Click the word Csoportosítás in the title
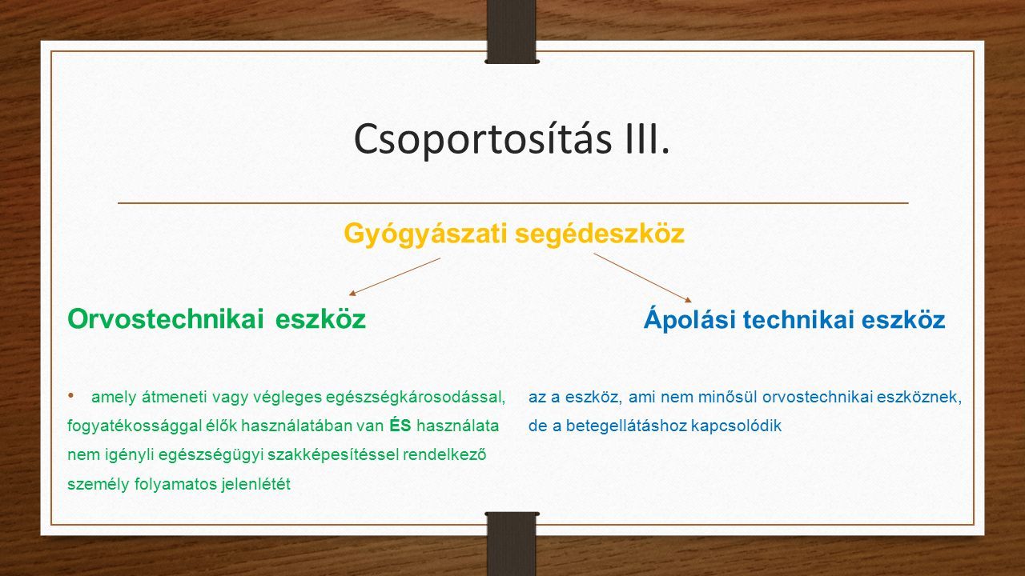pos(483,139)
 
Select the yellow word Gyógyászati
pos(426,234)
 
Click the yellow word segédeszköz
pos(600,234)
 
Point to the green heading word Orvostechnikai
pos(166,318)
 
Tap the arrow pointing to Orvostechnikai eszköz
pos(395,277)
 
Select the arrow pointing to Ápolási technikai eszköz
pos(643,278)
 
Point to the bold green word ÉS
pos(400,426)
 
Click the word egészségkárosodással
pos(416,398)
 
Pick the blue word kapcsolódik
pos(736,426)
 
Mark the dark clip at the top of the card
pos(512,31)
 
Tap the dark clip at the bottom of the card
pos(512,544)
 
